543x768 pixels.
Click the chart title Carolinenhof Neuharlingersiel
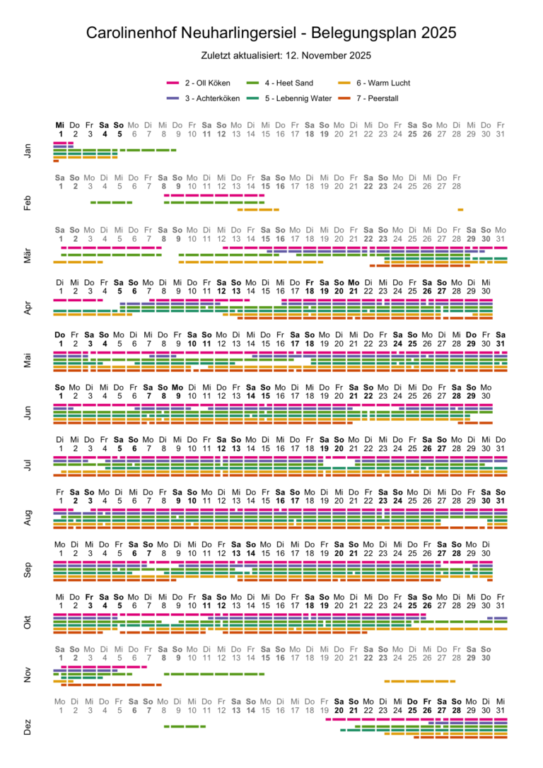[271, 33]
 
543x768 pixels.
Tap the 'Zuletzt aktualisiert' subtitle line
[271, 54]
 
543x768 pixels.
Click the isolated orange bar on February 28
[460, 209]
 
